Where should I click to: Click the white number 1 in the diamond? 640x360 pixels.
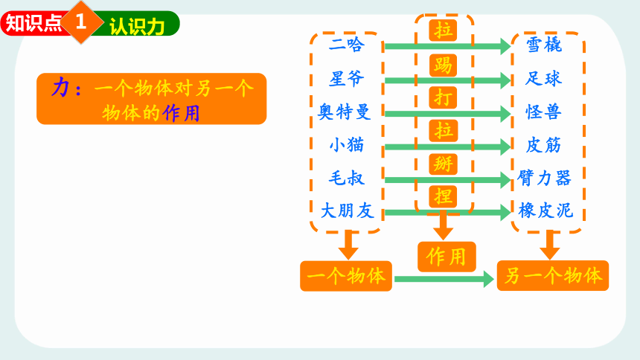(x=81, y=22)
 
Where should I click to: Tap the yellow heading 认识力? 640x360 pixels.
(x=137, y=27)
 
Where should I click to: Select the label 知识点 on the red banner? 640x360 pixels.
(x=33, y=23)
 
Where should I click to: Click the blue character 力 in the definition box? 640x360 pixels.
(x=61, y=87)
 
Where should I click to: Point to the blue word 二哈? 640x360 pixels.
(x=347, y=45)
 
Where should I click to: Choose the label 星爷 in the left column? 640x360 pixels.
(x=347, y=78)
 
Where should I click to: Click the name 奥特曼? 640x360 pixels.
(x=345, y=112)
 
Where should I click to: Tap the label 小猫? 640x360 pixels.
(x=347, y=145)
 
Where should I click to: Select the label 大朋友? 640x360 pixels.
(x=347, y=211)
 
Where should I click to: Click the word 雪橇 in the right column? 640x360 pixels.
(x=544, y=45)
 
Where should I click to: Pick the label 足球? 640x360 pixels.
(x=544, y=78)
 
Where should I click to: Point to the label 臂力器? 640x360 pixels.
(x=544, y=179)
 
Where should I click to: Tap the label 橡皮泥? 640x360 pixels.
(x=545, y=211)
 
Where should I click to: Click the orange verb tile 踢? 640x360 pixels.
(x=443, y=65)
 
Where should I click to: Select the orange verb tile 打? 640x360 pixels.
(x=443, y=98)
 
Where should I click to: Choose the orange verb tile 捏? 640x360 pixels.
(x=443, y=196)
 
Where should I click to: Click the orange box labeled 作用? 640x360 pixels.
(x=447, y=257)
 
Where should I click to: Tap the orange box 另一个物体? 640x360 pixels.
(x=553, y=276)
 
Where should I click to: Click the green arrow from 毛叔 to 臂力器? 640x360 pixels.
(x=447, y=179)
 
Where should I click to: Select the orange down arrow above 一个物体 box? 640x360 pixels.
(x=348, y=245)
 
